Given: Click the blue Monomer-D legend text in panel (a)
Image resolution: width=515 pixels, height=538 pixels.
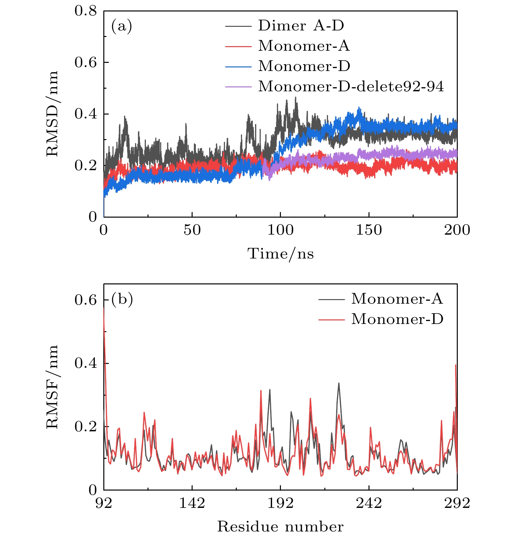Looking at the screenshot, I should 304,66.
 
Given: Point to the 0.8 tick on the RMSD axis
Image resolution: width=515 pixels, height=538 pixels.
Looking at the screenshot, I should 86,11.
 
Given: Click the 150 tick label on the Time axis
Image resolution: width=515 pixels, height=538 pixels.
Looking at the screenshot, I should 369,230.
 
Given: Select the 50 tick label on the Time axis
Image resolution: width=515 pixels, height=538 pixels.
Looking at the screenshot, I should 192,230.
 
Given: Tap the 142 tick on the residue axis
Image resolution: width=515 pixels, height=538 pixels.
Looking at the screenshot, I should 192,503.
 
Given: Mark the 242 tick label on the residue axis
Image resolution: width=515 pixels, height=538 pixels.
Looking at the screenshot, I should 369,503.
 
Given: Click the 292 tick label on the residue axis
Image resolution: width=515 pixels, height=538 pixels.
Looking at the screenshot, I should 456,503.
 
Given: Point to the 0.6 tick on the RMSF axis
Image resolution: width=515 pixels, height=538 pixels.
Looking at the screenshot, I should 86,300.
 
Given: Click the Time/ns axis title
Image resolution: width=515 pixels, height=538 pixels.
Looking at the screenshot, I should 281,254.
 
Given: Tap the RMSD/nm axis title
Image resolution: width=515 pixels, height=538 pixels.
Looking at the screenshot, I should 52,114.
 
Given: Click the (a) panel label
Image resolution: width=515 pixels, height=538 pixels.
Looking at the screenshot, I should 122,26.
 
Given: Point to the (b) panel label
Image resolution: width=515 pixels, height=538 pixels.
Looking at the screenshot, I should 122,299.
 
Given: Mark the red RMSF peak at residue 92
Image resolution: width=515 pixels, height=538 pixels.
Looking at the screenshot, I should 104,308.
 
